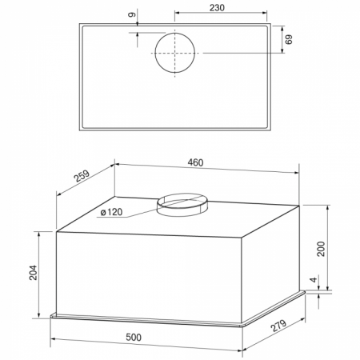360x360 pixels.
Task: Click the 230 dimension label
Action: (217, 8)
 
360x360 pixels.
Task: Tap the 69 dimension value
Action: (289, 39)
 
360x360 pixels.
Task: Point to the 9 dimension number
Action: (132, 14)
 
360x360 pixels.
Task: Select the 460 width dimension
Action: (195, 162)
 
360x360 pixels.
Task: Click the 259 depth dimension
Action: (82, 176)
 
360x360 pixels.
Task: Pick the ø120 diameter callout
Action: (112, 212)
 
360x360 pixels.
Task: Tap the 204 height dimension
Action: (33, 272)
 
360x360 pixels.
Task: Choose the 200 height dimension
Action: (321, 249)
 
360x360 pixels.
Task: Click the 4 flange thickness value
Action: (314, 279)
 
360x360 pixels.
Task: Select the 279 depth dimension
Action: (278, 326)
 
